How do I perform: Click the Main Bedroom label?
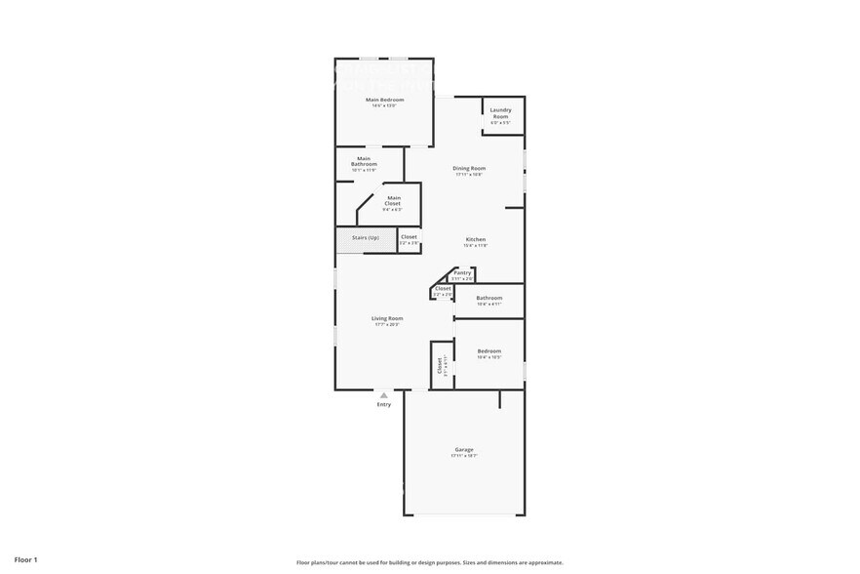[384, 100]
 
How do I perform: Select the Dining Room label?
[469, 168]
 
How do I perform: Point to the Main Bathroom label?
[364, 161]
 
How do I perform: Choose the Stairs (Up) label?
[366, 237]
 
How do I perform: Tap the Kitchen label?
[475, 239]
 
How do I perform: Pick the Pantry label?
[462, 272]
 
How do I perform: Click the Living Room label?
[387, 318]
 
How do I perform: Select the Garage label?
[463, 449]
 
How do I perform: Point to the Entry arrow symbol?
[384, 395]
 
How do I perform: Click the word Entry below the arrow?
[384, 404]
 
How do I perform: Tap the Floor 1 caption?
[25, 559]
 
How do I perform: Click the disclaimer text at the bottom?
[429, 562]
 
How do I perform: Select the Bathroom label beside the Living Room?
[489, 298]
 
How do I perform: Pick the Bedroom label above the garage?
[489, 350]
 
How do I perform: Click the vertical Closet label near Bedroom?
[440, 365]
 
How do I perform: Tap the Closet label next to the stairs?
[409, 236]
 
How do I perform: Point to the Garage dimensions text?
[463, 456]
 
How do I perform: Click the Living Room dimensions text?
[387, 324]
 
